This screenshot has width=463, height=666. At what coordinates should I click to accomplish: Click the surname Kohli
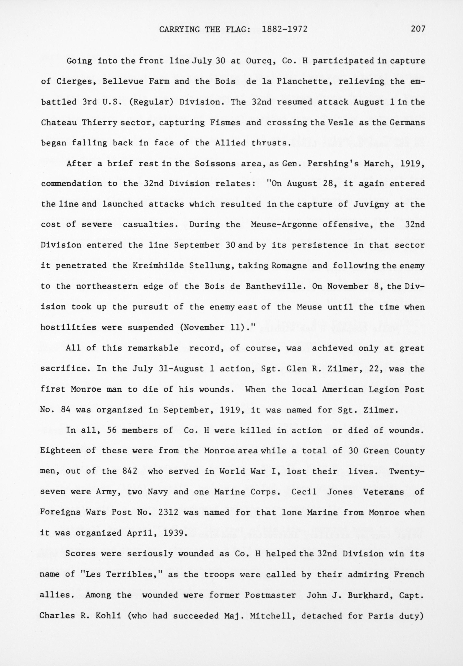point(109,615)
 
